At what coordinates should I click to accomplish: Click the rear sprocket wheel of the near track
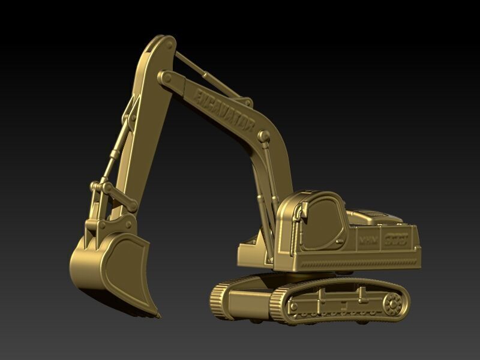(393, 303)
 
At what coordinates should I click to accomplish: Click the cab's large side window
(321, 225)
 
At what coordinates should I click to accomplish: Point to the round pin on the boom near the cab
(263, 136)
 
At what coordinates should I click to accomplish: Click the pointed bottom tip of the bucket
(158, 314)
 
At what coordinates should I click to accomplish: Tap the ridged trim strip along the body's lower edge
(360, 262)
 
